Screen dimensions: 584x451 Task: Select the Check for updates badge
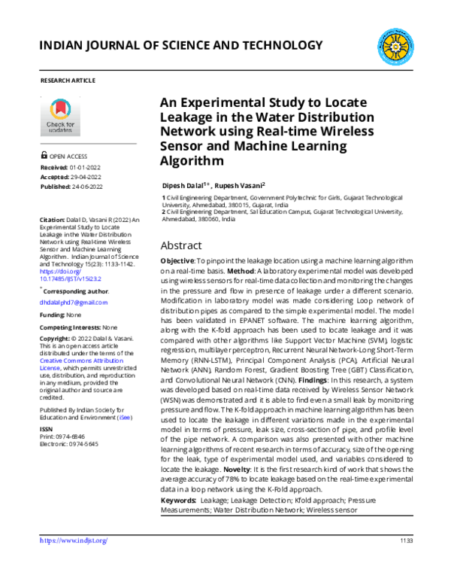click(x=60, y=116)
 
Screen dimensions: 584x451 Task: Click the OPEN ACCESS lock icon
click(x=44, y=157)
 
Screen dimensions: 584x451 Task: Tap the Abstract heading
click(x=181, y=245)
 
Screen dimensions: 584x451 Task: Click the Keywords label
click(x=179, y=500)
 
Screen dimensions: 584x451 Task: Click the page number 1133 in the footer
click(x=404, y=540)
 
